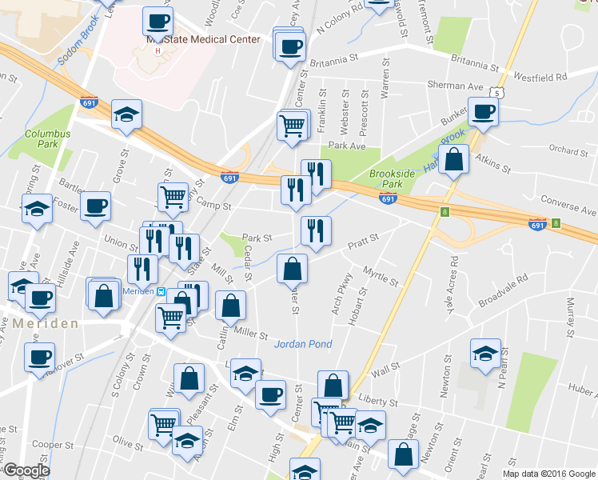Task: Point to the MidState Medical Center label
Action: click(203, 39)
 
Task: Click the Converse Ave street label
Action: click(568, 205)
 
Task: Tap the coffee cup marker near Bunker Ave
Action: click(482, 112)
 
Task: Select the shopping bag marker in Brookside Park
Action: click(453, 158)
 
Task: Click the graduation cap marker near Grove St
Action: click(126, 114)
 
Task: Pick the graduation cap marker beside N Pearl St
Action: click(485, 353)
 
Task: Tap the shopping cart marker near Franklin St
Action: click(293, 124)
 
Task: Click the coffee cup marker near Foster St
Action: click(95, 206)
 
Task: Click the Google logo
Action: click(26, 470)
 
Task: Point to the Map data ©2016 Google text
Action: click(548, 474)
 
